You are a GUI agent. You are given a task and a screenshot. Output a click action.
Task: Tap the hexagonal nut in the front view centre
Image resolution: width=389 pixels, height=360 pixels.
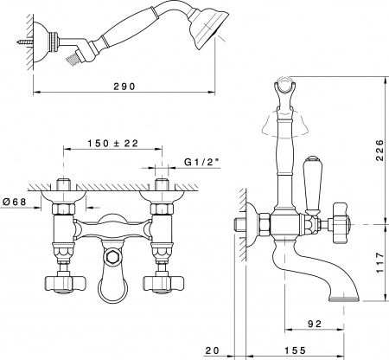pos(111,257)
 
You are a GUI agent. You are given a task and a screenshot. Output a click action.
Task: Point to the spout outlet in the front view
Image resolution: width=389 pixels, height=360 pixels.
pos(111,286)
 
